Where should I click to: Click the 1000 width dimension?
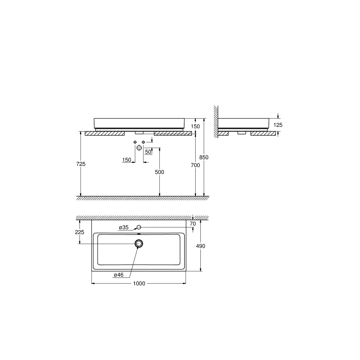click(139, 283)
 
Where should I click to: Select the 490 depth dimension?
click(200, 246)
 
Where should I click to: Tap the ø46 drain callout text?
click(118, 275)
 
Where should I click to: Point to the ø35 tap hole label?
click(124, 227)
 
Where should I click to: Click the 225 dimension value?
click(79, 232)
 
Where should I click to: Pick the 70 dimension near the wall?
click(193, 223)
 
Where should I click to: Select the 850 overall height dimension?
click(204, 157)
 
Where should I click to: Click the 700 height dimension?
click(195, 165)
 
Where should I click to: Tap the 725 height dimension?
click(81, 164)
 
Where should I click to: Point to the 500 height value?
click(159, 172)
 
